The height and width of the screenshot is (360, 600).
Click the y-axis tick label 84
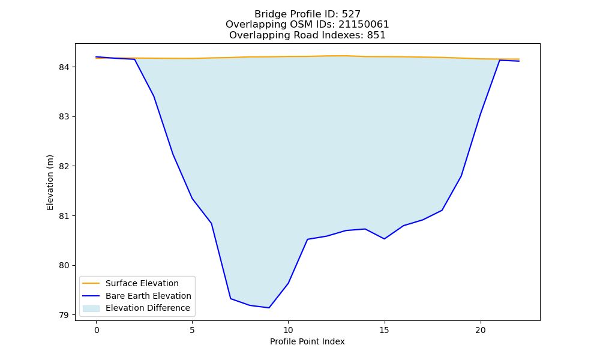tap(64, 67)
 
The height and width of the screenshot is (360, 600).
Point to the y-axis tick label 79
tap(64, 315)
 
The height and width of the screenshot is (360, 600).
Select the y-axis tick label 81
tap(64, 216)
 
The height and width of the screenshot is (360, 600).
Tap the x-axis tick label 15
tap(384, 330)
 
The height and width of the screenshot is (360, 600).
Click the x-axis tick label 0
tap(97, 330)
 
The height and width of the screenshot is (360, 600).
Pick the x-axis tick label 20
tap(480, 330)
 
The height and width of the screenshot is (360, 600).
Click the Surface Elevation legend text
tap(142, 283)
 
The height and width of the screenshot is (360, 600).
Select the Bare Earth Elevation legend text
tap(148, 296)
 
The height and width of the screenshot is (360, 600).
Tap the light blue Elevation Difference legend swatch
tap(91, 308)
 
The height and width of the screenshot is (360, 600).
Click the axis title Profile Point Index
tap(307, 341)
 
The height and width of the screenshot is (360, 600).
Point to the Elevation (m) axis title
tap(50, 182)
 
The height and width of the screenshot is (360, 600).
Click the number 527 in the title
tap(350, 14)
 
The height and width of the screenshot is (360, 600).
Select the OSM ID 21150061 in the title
tap(364, 25)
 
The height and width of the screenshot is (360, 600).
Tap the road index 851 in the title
tap(376, 35)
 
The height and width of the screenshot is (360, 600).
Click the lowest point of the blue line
tap(269, 308)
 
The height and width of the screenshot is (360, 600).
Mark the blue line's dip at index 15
tap(384, 239)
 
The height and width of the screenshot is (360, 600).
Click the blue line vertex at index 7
tap(230, 298)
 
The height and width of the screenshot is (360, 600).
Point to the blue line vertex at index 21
tap(499, 60)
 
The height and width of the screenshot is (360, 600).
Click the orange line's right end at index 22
tap(519, 59)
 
